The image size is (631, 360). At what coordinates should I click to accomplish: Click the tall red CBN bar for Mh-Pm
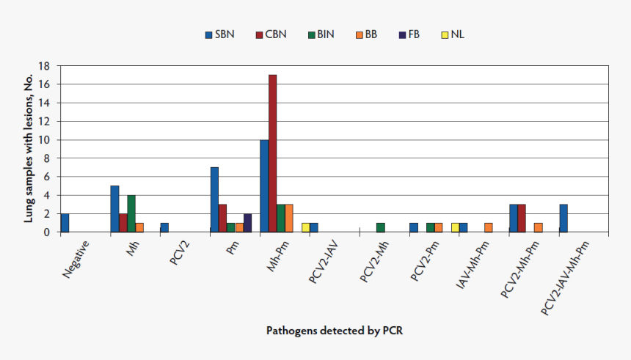[x=272, y=153]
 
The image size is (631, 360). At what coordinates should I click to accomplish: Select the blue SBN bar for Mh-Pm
[x=264, y=185]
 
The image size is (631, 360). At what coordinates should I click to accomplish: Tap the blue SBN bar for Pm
[x=214, y=199]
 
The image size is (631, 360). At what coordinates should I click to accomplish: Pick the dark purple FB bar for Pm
[x=247, y=223]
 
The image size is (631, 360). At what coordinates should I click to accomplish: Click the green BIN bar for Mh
[x=131, y=213]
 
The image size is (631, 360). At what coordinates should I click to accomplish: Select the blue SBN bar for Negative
[x=65, y=223]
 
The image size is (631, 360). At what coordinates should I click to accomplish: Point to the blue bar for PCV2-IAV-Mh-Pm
[x=563, y=218]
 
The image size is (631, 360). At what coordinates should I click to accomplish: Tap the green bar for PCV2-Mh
[x=380, y=227]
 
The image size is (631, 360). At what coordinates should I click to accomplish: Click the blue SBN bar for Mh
[x=114, y=209]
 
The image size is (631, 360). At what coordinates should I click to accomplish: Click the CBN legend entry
[x=270, y=34]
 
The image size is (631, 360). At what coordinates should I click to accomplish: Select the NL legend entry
[x=452, y=34]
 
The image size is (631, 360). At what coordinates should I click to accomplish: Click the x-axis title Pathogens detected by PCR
[x=334, y=331]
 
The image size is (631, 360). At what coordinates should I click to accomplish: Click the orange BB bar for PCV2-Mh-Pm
[x=539, y=227]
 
